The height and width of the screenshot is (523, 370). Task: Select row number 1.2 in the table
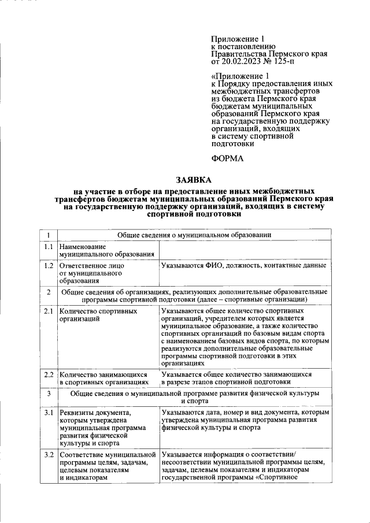coord(49,266)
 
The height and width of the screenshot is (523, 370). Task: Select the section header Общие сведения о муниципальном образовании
coord(194,235)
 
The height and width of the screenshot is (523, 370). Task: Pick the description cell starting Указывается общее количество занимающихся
coord(245,378)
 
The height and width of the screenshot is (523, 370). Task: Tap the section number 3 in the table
coord(49,394)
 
